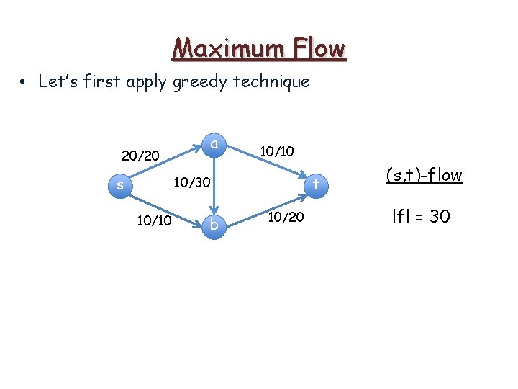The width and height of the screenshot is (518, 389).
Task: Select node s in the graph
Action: pos(120,186)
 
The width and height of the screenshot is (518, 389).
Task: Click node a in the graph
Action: pos(214,144)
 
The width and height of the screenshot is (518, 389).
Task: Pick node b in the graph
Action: pos(213,226)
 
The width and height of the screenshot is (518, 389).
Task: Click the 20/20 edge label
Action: pos(140,156)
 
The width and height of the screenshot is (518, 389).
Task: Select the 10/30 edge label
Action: pos(193,184)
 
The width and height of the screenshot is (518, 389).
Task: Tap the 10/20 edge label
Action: pos(286,215)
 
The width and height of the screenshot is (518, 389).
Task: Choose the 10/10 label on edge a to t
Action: pos(277,151)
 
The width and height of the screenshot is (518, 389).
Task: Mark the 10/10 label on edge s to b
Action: pos(153,220)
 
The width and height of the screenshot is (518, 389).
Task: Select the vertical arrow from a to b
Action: pos(214,185)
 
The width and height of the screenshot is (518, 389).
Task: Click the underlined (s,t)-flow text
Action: pos(424,175)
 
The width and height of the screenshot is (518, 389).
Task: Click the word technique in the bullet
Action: pos(271,81)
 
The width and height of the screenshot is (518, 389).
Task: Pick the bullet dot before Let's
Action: pos(24,82)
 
